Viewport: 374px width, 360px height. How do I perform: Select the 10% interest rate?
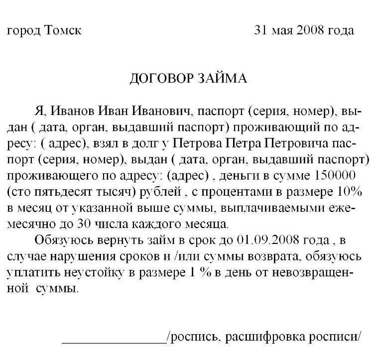[356, 194]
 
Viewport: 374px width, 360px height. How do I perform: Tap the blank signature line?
[114, 343]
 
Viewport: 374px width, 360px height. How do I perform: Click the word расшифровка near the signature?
[273, 338]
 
